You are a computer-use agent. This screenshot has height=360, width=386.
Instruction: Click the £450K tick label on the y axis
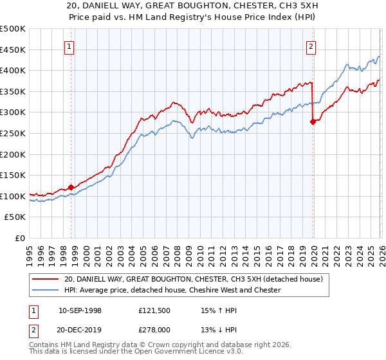pyautogui.click(x=13, y=50)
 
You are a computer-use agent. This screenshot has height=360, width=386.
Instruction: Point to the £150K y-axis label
pyautogui.click(x=13, y=175)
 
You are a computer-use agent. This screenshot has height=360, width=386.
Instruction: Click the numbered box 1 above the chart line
pyautogui.click(x=69, y=46)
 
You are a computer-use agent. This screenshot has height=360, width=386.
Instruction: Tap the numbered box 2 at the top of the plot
pyautogui.click(x=311, y=46)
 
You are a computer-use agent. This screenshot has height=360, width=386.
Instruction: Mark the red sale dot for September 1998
pyautogui.click(x=71, y=187)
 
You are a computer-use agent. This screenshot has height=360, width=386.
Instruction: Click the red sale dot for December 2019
pyautogui.click(x=313, y=122)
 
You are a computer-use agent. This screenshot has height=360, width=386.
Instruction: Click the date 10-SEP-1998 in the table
pyautogui.click(x=80, y=310)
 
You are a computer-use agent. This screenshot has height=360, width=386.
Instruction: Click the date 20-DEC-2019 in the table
pyautogui.click(x=80, y=330)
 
